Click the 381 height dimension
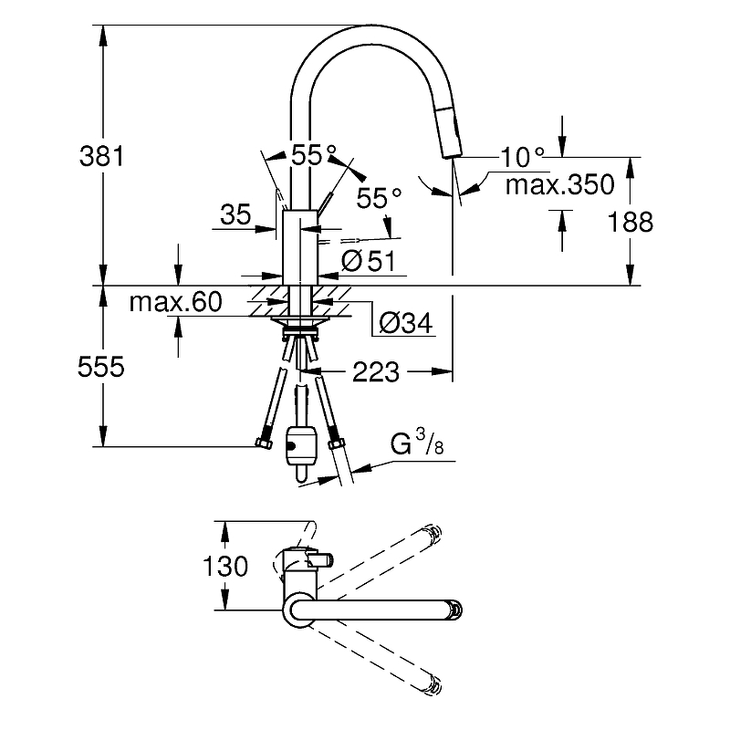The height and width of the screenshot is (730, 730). [x=101, y=156]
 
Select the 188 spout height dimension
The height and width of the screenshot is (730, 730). [x=631, y=222]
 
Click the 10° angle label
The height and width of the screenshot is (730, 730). [x=522, y=157]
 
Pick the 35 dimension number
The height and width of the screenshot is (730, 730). [x=235, y=215]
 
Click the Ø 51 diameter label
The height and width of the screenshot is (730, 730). [x=368, y=261]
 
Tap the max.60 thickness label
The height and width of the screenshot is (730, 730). [x=175, y=303]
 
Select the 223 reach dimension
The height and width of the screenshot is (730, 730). [x=375, y=371]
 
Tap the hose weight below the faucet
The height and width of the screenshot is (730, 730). [x=299, y=445]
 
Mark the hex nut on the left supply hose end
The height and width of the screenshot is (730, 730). [x=264, y=445]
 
